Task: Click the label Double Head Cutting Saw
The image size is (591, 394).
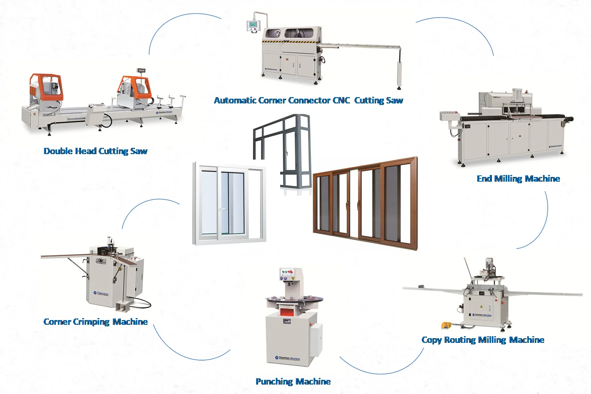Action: (95, 151)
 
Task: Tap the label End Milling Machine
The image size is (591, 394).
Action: (518, 179)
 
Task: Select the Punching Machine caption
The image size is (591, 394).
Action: (293, 381)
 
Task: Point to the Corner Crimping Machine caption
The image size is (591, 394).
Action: (95, 322)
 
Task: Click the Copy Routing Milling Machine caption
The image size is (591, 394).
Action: (483, 340)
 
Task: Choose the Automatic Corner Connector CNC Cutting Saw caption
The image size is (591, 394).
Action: (308, 100)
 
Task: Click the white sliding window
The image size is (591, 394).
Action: (229, 203)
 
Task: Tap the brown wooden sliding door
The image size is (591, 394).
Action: (365, 203)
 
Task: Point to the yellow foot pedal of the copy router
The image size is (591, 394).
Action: (446, 325)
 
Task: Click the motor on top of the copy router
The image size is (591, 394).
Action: (489, 264)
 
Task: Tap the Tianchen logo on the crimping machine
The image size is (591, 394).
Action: (101, 293)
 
